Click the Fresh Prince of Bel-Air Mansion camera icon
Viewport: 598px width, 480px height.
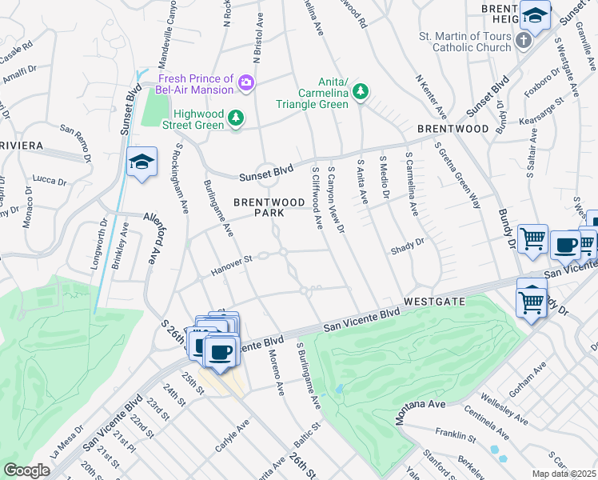[x=247, y=82]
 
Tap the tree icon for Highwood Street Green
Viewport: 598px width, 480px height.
[x=236, y=118]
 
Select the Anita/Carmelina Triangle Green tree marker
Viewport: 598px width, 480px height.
[x=361, y=93]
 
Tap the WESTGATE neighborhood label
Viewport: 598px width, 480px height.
[x=434, y=302]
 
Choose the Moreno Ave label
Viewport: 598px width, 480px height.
[x=276, y=373]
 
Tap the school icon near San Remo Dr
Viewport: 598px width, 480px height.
[x=141, y=162]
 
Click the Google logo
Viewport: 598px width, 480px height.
[x=26, y=470]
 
